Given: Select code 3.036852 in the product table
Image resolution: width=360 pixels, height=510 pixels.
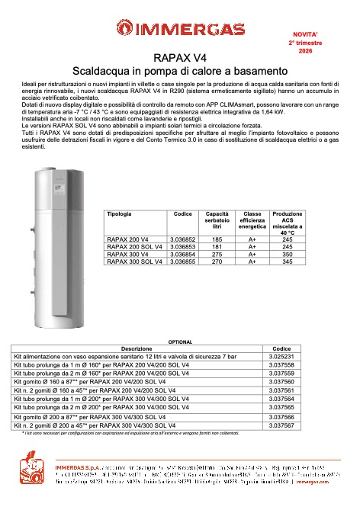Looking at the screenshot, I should pos(183,240).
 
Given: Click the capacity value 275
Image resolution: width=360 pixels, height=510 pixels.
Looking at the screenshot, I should pos(217,254).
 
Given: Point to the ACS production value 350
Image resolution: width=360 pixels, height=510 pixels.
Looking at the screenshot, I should pos(288,254).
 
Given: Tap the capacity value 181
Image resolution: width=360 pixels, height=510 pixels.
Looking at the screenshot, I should pos(217,247).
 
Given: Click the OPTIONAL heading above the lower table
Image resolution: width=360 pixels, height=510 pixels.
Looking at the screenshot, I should pos(180,342).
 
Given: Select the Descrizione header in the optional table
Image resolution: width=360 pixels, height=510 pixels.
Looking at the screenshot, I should pos(137,348).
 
